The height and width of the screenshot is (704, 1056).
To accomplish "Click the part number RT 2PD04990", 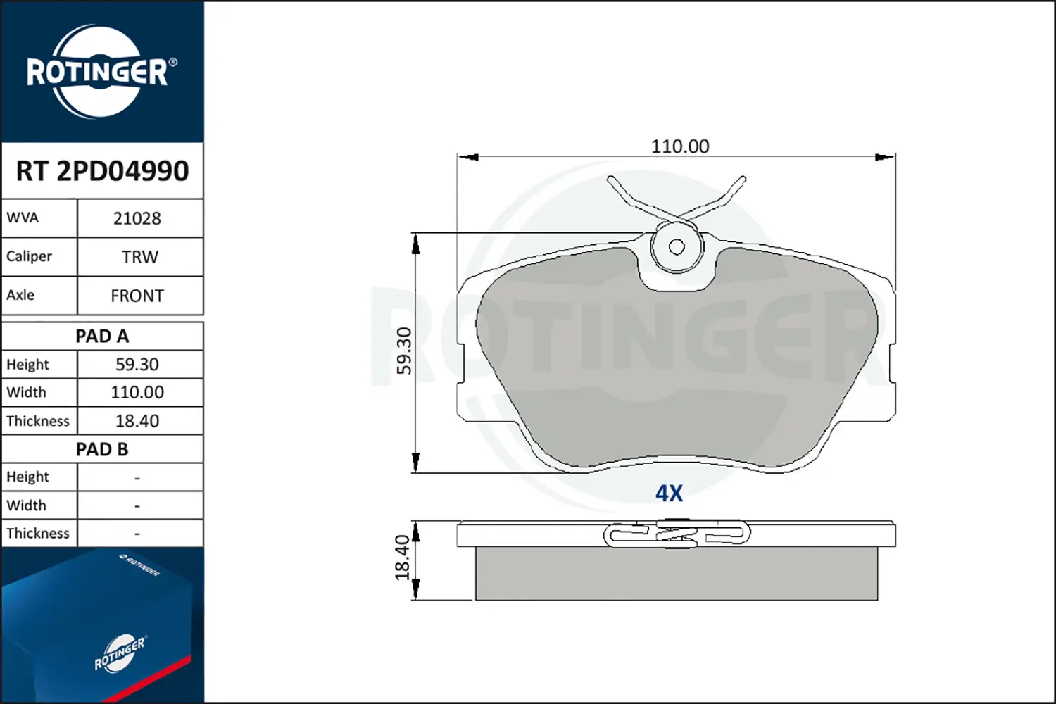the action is click(x=102, y=170).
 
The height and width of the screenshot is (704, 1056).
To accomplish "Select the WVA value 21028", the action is click(x=137, y=218).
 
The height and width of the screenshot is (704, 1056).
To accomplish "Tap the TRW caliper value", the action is click(x=140, y=257).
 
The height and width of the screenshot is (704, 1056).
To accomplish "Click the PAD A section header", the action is click(x=102, y=337).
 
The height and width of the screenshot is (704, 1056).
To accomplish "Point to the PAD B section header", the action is click(x=102, y=449).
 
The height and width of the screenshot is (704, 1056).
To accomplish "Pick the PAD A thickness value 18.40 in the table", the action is click(x=137, y=420).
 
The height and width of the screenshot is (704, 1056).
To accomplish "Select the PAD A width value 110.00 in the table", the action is click(x=137, y=392).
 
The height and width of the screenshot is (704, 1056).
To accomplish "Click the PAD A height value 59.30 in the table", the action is click(x=137, y=365).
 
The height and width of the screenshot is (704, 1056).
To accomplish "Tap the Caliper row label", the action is click(x=29, y=256).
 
